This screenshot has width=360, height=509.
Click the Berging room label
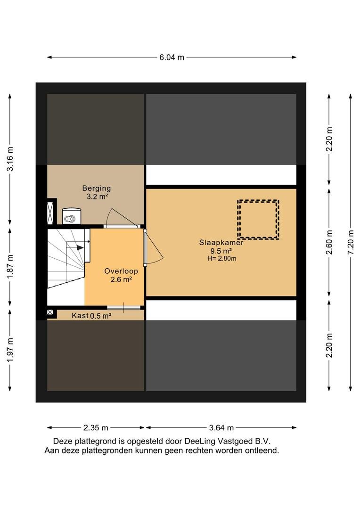tap(97, 188)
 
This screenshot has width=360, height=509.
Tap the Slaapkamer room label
tap(221, 243)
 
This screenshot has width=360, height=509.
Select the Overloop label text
tap(121, 271)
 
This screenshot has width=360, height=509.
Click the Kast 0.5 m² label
tap(91, 315)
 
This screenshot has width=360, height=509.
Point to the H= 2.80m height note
tap(222, 259)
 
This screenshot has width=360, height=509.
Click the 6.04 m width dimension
tap(172, 57)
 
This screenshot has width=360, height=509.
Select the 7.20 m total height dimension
tap(351, 243)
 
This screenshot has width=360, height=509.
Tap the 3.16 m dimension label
tap(10, 159)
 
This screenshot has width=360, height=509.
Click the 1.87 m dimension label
tap(10, 266)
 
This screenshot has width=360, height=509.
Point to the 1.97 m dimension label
tap(10, 350)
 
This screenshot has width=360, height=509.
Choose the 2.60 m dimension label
tap(329, 243)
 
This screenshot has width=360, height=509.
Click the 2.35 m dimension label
tap(96, 427)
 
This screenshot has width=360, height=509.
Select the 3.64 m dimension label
tap(221, 427)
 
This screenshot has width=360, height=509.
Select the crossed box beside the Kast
tap(50, 312)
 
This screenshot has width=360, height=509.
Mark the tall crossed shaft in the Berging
tap(50, 213)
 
